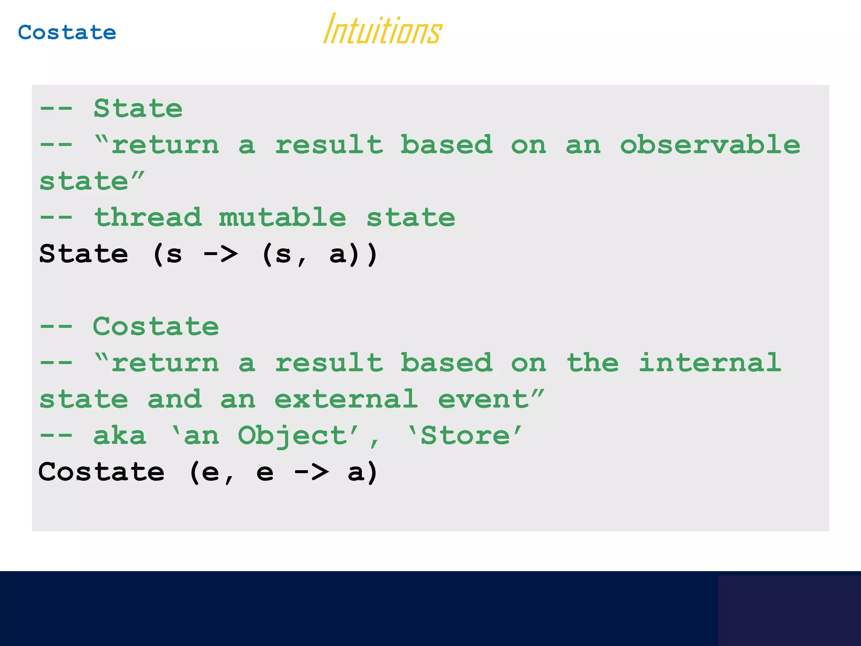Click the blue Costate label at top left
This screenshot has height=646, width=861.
67,33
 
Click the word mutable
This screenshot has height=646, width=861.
283,217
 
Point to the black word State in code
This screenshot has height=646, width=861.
84,254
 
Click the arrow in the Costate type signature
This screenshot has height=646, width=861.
311,472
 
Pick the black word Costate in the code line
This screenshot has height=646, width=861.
101,472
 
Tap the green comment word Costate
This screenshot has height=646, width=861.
156,326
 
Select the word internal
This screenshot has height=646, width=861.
710,363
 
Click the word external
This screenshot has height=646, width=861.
346,399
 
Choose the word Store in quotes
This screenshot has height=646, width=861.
465,436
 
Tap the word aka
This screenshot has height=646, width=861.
120,436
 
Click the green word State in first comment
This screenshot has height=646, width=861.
138,109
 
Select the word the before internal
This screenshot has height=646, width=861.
593,363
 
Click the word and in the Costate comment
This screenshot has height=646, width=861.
174,399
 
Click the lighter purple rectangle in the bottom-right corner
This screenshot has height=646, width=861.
789,610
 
